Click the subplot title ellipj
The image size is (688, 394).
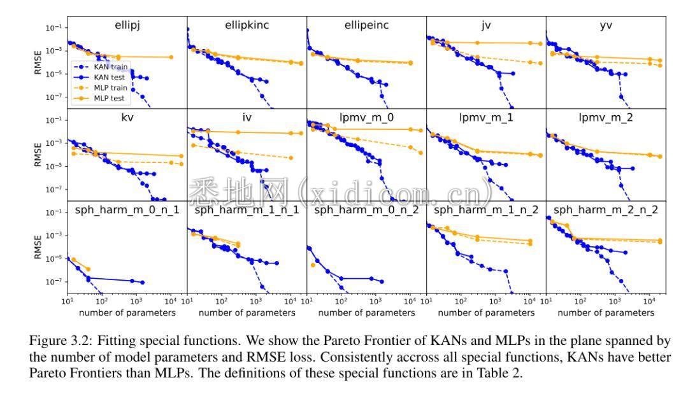click(x=127, y=26)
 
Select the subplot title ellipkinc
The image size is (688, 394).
click(x=247, y=26)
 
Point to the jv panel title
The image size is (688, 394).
click(x=486, y=26)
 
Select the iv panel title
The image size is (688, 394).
click(x=247, y=118)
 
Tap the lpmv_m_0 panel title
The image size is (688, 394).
click(x=366, y=118)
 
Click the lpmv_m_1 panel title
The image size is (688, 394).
click(x=486, y=118)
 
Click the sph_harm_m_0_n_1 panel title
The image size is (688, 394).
click(x=127, y=210)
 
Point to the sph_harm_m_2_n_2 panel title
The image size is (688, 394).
click(x=606, y=210)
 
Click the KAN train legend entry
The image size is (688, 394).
click(x=110, y=66)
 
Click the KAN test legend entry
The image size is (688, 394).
click(x=109, y=76)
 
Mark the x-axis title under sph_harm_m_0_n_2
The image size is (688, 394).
click(x=366, y=313)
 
